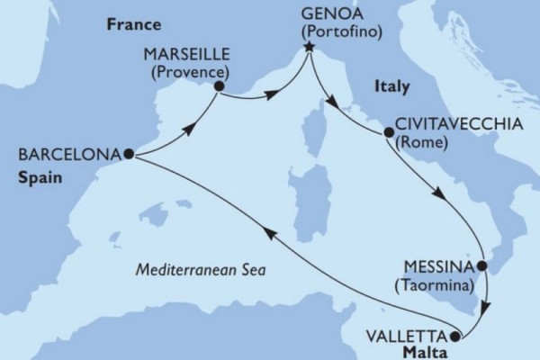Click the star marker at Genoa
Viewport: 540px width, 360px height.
point(308,56)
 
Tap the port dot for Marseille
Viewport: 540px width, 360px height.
point(217,86)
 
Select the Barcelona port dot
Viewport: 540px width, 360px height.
point(129,154)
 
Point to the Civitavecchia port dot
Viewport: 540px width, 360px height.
point(389,132)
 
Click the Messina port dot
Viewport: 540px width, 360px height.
point(481,266)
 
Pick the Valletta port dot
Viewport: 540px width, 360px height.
point(454,337)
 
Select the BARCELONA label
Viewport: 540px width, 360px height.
point(64,154)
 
